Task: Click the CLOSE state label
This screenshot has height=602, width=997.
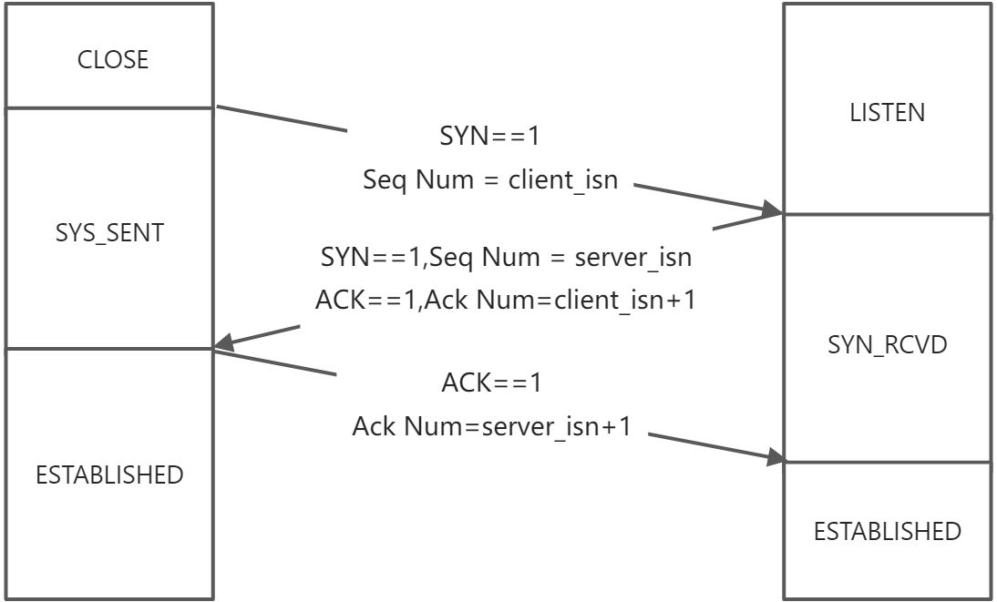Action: pos(112,60)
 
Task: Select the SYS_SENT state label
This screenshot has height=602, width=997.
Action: pos(108,233)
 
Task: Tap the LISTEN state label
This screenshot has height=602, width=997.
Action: pos(887,113)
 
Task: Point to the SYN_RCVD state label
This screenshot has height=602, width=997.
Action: pos(887,345)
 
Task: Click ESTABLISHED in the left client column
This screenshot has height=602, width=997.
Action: pos(108,474)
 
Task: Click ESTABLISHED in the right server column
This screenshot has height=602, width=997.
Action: pos(887,531)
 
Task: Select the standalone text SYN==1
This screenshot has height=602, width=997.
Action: pos(490,137)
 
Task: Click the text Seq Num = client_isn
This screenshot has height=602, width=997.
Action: pos(490,179)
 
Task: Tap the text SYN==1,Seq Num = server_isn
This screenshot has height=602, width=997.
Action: pos(506,257)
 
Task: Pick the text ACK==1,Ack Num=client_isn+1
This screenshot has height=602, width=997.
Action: pos(506,300)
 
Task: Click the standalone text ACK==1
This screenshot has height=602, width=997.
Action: pos(491,383)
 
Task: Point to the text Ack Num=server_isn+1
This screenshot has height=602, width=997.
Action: pos(491,425)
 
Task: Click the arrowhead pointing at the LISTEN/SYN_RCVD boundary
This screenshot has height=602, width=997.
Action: pos(773,211)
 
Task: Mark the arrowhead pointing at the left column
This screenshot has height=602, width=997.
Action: pos(224,344)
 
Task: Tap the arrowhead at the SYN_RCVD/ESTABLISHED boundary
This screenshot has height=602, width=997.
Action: pos(775,457)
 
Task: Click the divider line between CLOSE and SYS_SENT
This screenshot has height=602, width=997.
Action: pos(108,107)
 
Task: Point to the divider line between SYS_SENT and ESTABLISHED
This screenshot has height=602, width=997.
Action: pos(108,348)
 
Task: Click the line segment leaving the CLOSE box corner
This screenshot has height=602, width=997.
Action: pos(283,118)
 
